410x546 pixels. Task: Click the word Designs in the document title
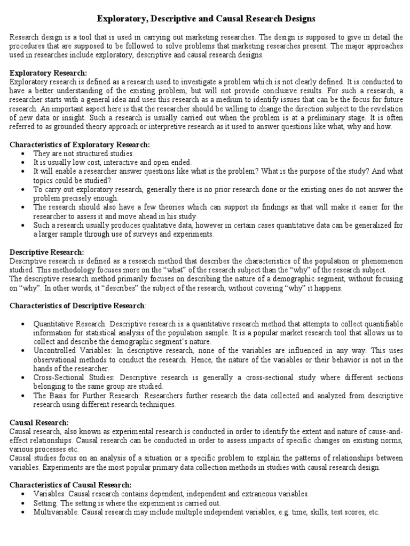(299, 19)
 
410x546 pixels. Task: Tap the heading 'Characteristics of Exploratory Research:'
(80, 144)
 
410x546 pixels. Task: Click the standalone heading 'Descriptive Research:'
(47, 252)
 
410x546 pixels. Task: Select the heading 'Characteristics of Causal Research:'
(70, 485)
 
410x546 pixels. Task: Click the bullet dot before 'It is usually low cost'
(22, 163)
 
